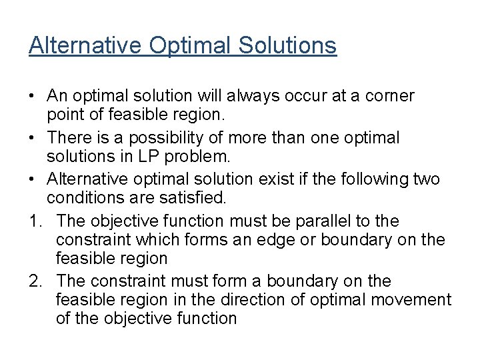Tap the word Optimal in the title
pos(194,45)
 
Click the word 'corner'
pos(391,96)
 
